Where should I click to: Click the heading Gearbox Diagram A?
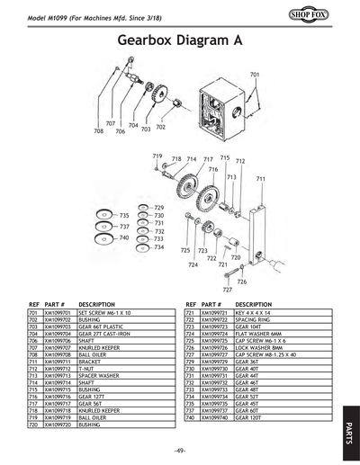point(179,40)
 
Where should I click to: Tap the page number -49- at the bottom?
point(179,449)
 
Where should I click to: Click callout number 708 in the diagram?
point(99,131)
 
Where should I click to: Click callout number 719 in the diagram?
point(157,156)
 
